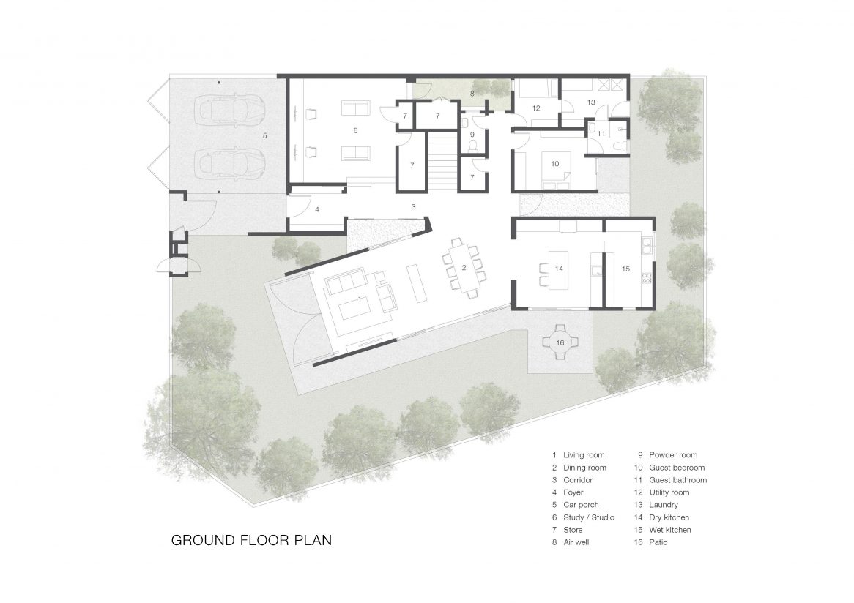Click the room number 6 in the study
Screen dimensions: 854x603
click(356, 130)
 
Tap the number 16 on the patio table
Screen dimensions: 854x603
click(560, 343)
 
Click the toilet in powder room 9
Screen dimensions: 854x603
click(472, 146)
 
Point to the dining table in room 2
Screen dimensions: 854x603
click(464, 268)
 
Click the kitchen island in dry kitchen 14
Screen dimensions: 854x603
click(559, 270)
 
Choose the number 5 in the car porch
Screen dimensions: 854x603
click(264, 135)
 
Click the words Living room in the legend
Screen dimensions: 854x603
click(584, 455)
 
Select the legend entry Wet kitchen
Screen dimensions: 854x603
click(670, 530)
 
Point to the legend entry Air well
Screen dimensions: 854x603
click(576, 542)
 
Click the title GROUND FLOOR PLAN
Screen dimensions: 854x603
click(252, 540)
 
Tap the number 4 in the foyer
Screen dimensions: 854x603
click(317, 209)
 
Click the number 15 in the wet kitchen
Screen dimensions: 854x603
click(625, 269)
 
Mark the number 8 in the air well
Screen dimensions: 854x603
click(472, 94)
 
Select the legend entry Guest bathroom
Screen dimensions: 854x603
click(678, 480)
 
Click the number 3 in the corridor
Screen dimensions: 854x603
click(413, 207)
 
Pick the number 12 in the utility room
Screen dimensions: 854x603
click(536, 108)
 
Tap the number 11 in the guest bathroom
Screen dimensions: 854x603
click(601, 134)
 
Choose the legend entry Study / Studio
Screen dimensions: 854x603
click(589, 517)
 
